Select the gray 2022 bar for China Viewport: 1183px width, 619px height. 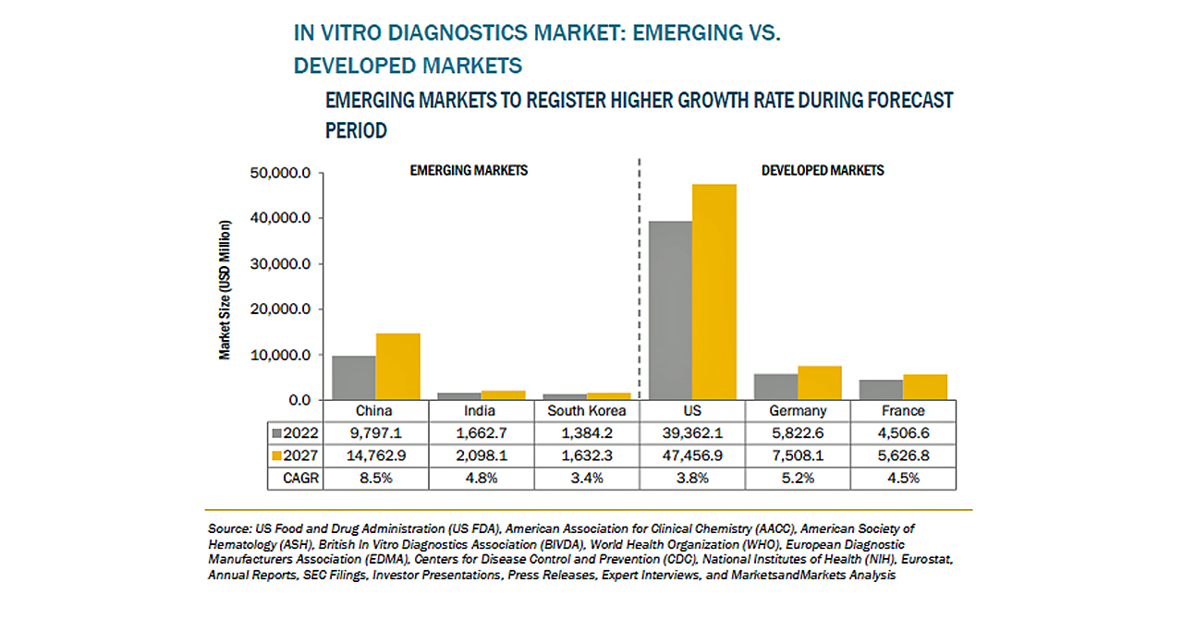tap(354, 378)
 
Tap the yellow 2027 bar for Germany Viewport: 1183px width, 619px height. tap(819, 382)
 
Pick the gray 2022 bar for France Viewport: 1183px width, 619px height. tap(881, 390)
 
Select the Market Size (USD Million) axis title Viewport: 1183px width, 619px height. tap(225, 289)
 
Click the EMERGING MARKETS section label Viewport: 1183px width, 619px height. tap(469, 171)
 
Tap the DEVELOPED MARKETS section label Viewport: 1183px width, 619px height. tap(823, 171)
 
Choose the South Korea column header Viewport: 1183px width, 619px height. tap(587, 411)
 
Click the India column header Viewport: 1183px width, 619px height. tap(481, 411)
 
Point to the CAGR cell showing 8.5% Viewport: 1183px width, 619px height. tap(374, 478)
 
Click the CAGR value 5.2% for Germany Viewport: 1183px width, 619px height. tap(798, 478)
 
